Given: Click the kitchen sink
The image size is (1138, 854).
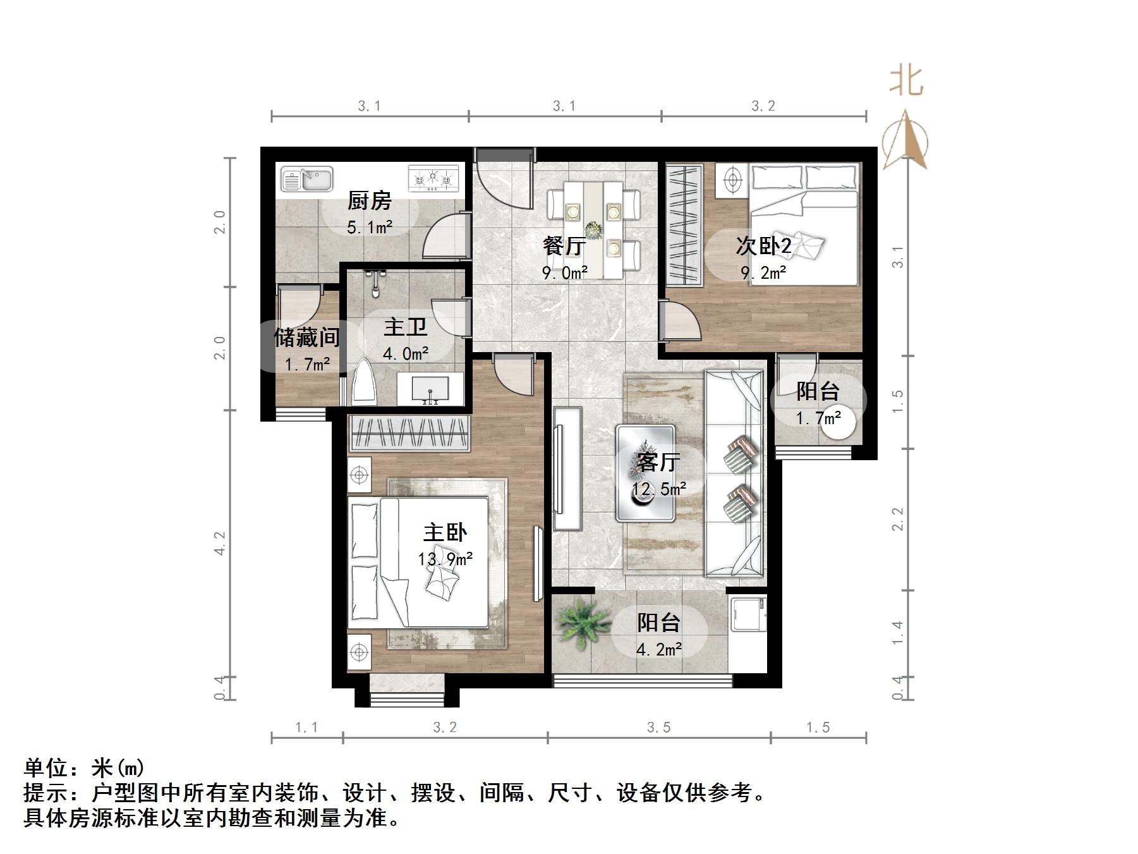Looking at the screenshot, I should click(306, 179).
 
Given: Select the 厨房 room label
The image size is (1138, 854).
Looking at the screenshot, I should click(370, 201).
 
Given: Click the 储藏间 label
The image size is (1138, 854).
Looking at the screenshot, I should click(306, 338).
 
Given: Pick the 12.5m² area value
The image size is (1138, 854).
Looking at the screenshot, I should click(659, 489).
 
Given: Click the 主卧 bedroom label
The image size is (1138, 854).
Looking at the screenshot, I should click(445, 532).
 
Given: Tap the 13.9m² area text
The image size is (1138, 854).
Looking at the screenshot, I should click(445, 559).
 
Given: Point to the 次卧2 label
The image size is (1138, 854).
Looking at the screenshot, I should click(763, 246).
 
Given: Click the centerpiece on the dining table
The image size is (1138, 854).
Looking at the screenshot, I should click(593, 228).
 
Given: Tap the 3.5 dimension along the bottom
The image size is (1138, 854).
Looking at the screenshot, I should click(658, 728).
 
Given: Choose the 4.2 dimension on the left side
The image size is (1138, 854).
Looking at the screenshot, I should click(220, 543).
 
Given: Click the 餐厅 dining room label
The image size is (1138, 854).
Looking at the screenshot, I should click(564, 246).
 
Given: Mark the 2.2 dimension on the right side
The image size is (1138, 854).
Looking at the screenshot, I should click(898, 519).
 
